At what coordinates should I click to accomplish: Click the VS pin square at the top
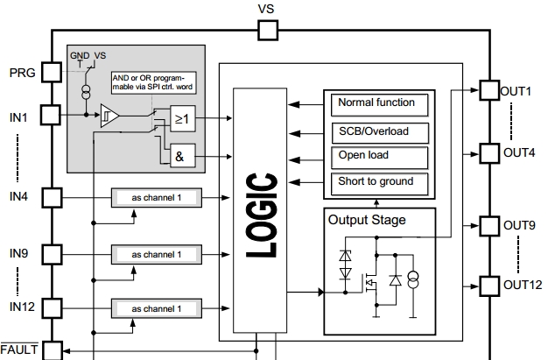268,31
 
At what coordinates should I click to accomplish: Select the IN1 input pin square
53,115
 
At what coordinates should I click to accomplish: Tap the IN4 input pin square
53,198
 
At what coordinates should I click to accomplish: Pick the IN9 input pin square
53,255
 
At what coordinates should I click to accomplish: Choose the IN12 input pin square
53,307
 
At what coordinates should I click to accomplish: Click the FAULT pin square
53,350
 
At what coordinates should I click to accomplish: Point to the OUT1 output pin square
487,90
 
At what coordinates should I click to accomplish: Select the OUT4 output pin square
487,153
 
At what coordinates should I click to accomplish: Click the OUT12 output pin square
487,286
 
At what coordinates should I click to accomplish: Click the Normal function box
382,103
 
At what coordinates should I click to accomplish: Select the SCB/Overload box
382,131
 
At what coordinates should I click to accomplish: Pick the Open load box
382,156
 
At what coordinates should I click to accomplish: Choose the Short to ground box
382,181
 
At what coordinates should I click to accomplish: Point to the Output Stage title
367,220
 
